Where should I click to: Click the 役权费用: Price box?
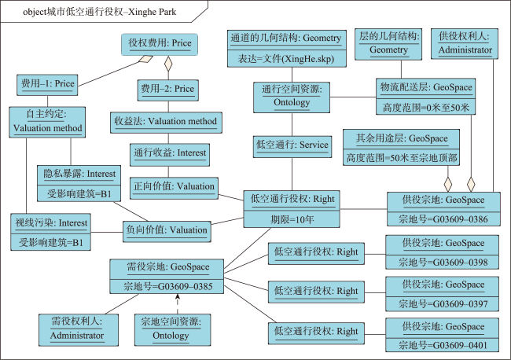(160, 44)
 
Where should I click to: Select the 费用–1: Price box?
(47, 85)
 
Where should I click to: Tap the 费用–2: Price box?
(167, 90)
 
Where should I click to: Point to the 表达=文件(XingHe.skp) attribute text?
(286, 59)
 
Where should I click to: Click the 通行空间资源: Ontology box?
(292, 97)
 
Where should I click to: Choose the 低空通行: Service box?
(292, 147)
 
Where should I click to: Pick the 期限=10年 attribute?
(292, 219)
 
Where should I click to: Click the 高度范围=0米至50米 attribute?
(425, 107)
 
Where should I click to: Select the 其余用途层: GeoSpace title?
(402, 138)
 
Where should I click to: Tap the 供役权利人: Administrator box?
(465, 44)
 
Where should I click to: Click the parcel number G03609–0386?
(460, 219)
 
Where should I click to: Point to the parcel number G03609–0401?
(460, 345)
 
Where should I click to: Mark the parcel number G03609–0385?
(185, 286)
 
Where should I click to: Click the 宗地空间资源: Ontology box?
(172, 329)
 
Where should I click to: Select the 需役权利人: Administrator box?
(79, 329)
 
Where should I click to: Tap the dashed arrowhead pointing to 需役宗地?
(178, 296)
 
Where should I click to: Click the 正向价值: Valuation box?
(174, 188)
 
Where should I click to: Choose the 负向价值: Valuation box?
(167, 232)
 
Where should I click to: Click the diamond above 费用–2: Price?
(168, 64)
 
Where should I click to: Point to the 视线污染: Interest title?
(51, 223)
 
